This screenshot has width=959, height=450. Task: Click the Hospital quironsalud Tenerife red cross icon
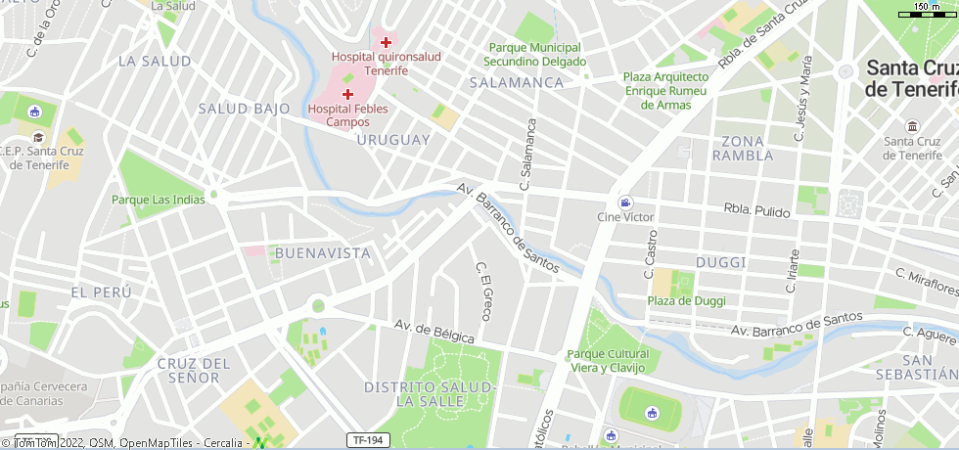tap(387, 42)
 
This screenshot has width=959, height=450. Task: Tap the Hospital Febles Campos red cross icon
tap(347, 94)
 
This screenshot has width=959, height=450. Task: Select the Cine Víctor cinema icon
tap(625, 202)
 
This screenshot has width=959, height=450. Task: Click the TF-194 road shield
tap(368, 440)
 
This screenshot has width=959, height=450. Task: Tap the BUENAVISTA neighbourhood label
tap(323, 253)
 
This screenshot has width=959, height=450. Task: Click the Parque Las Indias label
tap(159, 200)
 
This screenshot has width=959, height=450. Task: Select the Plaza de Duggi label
tap(687, 300)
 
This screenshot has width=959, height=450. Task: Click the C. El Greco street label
tap(482, 292)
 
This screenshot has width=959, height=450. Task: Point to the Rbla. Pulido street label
tap(756, 209)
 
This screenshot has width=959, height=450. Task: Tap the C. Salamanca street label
tap(528, 154)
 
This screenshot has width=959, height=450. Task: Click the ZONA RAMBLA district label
tap(743, 148)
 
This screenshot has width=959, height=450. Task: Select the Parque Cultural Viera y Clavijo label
tap(608, 360)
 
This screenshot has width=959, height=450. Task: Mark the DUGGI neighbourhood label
tap(720, 262)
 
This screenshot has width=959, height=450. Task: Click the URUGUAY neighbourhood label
tap(393, 140)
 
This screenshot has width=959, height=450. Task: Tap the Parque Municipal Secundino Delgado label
tap(534, 54)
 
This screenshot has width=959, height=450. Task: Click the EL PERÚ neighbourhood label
tap(101, 292)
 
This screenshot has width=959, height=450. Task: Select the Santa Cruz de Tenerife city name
tap(911, 78)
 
